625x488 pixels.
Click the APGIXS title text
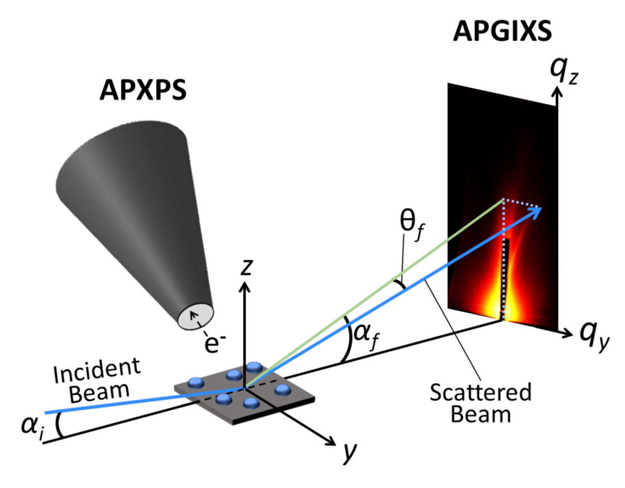point(502,32)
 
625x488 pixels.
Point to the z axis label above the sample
point(244,268)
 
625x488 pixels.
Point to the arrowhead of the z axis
point(244,286)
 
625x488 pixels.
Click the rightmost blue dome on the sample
point(282,389)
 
